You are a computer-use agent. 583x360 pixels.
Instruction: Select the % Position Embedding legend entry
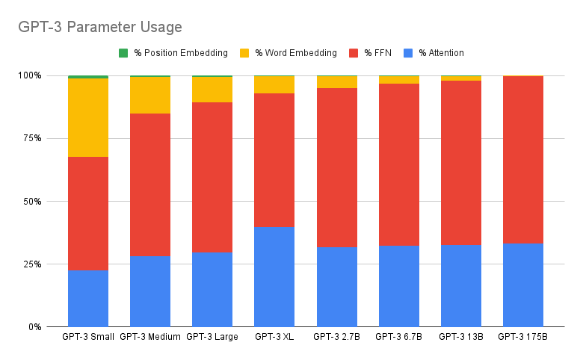180,53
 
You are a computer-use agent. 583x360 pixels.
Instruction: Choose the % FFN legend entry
377,53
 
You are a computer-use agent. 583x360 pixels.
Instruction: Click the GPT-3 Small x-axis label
87,337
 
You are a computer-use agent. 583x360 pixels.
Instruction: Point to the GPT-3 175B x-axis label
522,337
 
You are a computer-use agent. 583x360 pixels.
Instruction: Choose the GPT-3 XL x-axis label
274,337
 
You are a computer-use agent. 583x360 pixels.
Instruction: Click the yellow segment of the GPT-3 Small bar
87,117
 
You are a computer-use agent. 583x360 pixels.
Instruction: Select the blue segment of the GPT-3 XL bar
274,276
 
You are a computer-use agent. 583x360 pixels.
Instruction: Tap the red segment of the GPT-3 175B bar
522,159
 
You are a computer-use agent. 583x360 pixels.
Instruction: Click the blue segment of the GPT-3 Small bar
87,298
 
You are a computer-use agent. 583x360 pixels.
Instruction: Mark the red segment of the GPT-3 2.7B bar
336,167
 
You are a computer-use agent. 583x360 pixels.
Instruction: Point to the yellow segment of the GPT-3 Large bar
212,90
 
